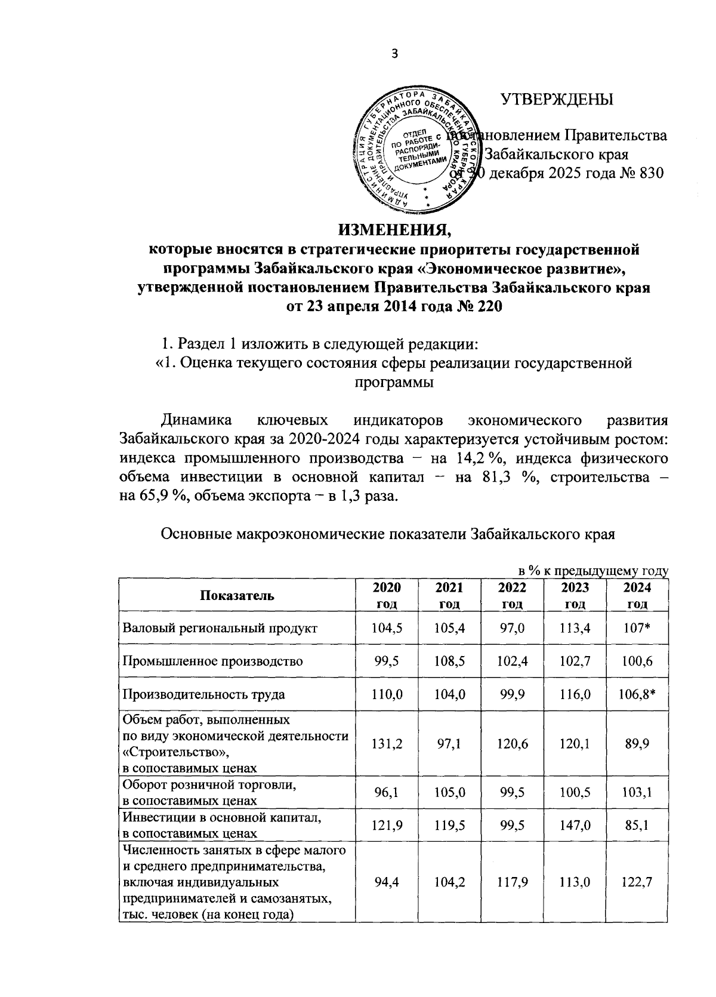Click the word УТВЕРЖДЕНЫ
556,99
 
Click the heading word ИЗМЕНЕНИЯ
393,229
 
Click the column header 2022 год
512,595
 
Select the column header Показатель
237,595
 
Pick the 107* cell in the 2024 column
637,628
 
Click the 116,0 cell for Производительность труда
575,694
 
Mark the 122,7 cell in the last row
637,883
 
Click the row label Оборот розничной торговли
209,787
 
